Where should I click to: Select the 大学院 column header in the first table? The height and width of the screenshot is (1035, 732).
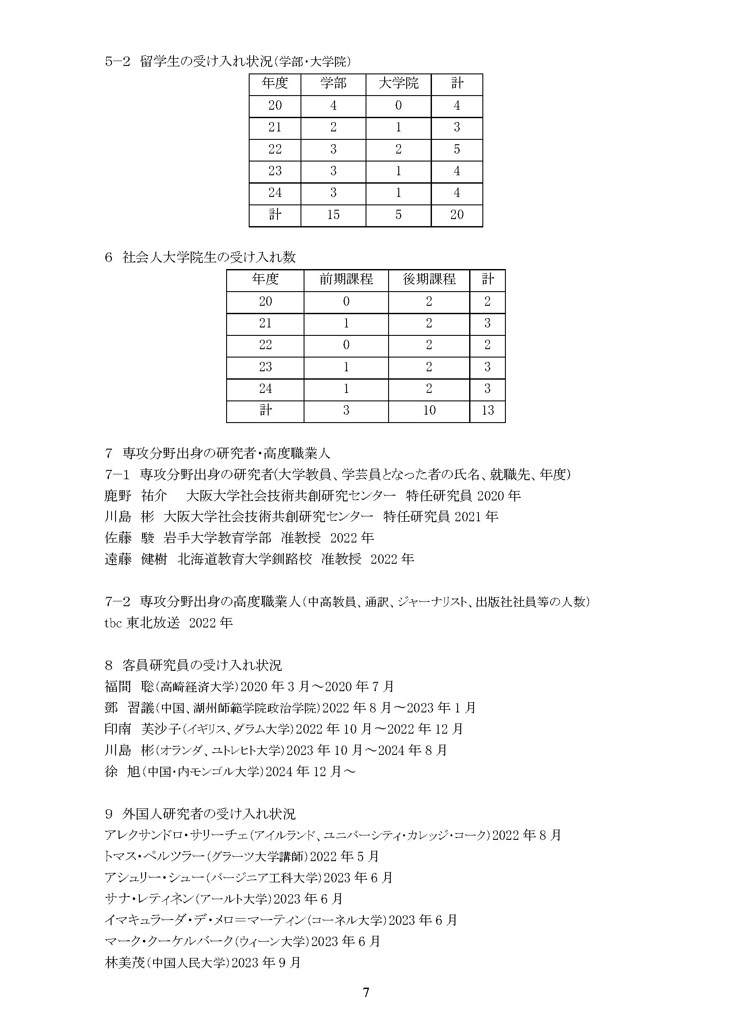(x=398, y=83)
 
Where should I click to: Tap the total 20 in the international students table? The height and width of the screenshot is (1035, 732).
(x=457, y=215)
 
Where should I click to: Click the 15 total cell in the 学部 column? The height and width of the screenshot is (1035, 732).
(x=333, y=215)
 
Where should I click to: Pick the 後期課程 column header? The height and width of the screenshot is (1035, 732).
(x=429, y=280)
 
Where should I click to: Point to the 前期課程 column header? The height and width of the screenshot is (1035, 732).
(x=346, y=280)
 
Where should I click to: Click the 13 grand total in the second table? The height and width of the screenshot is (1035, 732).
(x=488, y=410)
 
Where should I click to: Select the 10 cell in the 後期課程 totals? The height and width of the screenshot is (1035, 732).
(x=429, y=410)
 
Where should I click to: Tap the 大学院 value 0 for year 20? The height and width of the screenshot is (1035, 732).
(x=398, y=105)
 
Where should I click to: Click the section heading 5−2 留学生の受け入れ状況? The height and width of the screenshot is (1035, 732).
(x=227, y=62)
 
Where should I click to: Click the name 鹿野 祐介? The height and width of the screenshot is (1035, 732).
(x=136, y=496)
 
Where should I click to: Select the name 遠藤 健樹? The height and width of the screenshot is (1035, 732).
(x=136, y=559)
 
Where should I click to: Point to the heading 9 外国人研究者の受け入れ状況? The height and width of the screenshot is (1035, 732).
(x=200, y=814)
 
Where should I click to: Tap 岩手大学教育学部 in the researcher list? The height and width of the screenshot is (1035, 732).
(x=218, y=538)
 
